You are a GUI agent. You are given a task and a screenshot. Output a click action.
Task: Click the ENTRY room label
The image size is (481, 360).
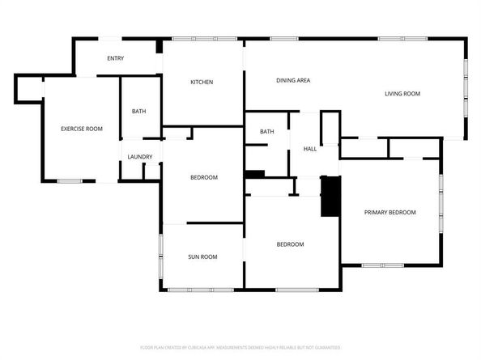click(x=116, y=57)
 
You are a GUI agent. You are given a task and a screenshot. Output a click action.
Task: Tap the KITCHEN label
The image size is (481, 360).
click(x=202, y=82)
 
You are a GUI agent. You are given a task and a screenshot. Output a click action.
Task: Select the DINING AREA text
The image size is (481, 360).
click(x=293, y=80)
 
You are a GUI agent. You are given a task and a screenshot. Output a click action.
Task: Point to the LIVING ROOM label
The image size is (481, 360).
click(x=402, y=94)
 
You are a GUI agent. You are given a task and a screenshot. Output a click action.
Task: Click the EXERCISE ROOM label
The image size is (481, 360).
click(x=82, y=129)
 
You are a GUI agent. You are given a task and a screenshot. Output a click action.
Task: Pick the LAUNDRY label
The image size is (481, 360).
click(x=140, y=157)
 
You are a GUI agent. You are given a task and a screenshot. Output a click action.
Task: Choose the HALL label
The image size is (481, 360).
click(x=309, y=149)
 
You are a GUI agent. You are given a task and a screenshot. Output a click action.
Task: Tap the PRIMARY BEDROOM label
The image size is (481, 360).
click(x=389, y=212)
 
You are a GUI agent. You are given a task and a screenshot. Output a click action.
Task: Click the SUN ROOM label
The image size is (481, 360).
click(x=202, y=257)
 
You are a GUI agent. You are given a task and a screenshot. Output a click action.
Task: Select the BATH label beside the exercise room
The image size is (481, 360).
click(x=139, y=112)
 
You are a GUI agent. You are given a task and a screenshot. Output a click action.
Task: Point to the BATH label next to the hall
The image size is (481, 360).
click(x=267, y=132)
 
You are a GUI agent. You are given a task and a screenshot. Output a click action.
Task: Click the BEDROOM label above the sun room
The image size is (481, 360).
click(x=204, y=178)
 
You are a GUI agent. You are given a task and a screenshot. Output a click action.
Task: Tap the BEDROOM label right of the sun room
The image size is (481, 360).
click(x=290, y=244)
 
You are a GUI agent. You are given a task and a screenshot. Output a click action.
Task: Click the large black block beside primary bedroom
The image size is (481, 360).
click(x=330, y=196)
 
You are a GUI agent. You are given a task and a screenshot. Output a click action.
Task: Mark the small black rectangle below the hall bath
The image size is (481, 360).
click(x=254, y=173)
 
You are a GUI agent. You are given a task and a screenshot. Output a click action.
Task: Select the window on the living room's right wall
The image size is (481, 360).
click(x=466, y=89)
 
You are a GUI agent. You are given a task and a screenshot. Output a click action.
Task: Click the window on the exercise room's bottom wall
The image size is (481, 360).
click(x=70, y=180)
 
